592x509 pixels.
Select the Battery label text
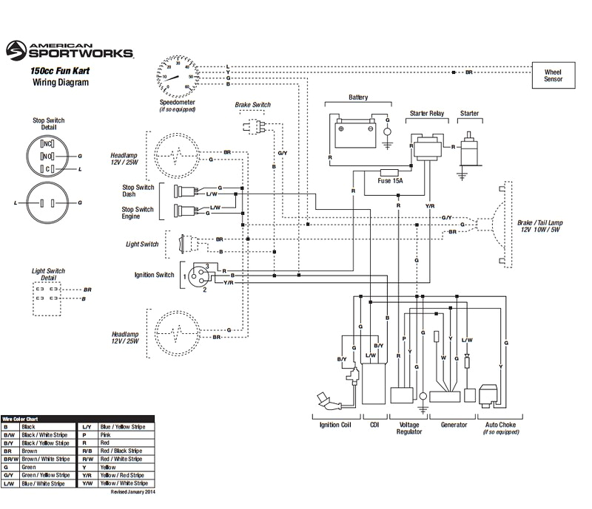point(358,98)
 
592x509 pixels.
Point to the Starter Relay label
point(426,114)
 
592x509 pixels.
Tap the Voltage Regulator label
point(410,428)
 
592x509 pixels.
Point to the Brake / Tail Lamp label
point(539,225)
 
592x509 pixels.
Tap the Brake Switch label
point(252,106)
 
